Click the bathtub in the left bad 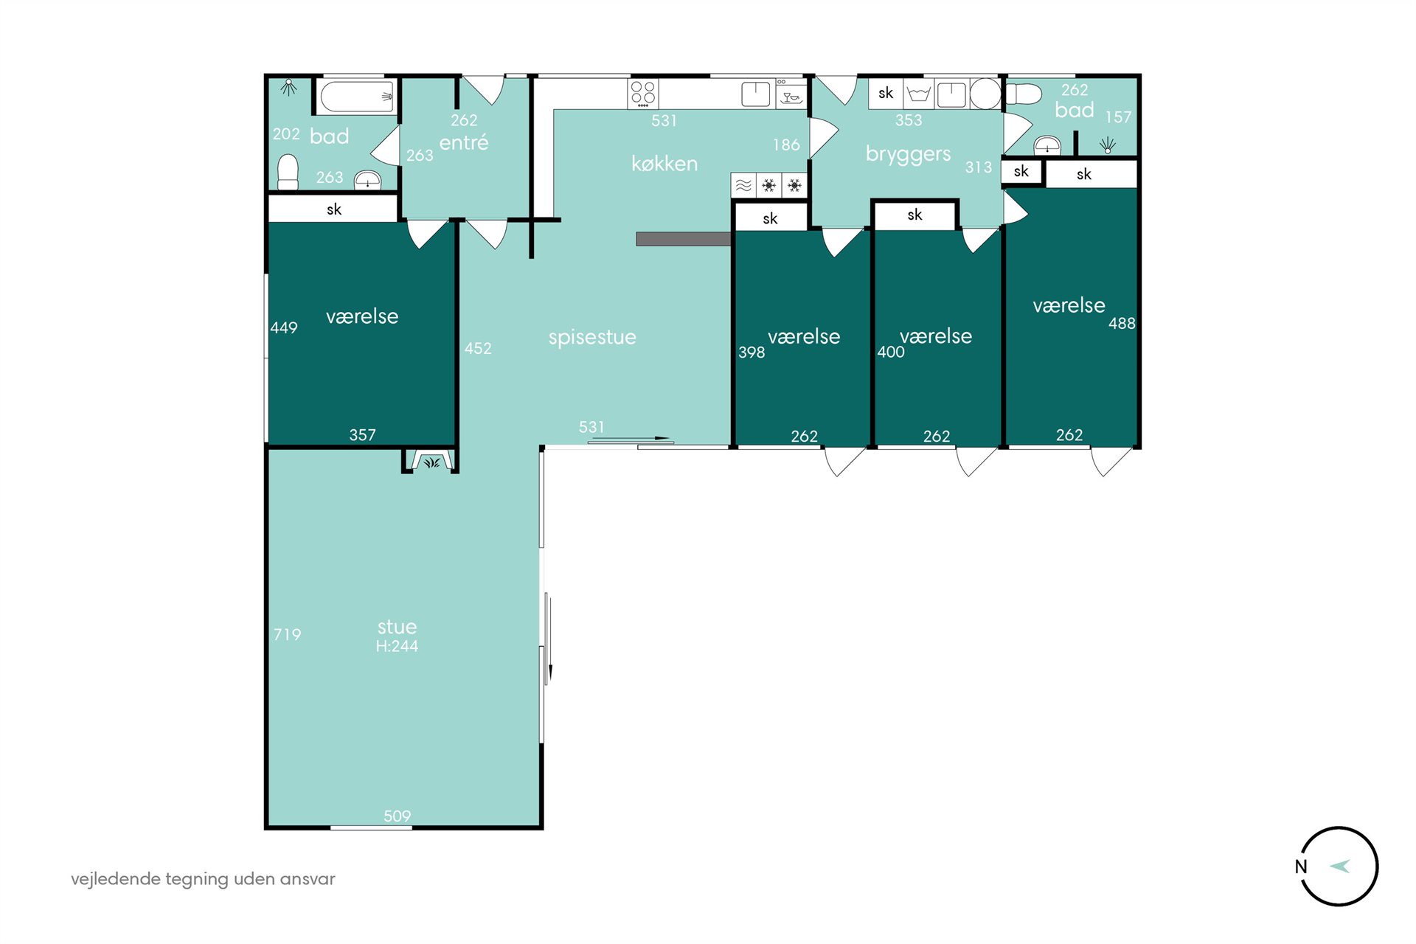(357, 96)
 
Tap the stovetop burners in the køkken (643, 94)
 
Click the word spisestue (592, 338)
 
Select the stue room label (397, 627)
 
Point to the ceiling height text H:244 (397, 646)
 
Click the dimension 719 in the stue (287, 634)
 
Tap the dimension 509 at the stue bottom (397, 816)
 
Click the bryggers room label (908, 154)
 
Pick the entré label (464, 142)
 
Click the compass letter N (1301, 867)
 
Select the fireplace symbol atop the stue (431, 461)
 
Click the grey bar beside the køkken (684, 239)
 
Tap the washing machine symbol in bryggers (918, 94)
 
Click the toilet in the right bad (1024, 94)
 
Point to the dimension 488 (1122, 323)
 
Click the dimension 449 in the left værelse (284, 327)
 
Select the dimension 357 (362, 435)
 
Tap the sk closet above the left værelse (333, 209)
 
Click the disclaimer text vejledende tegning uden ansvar (203, 879)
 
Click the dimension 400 (891, 352)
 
